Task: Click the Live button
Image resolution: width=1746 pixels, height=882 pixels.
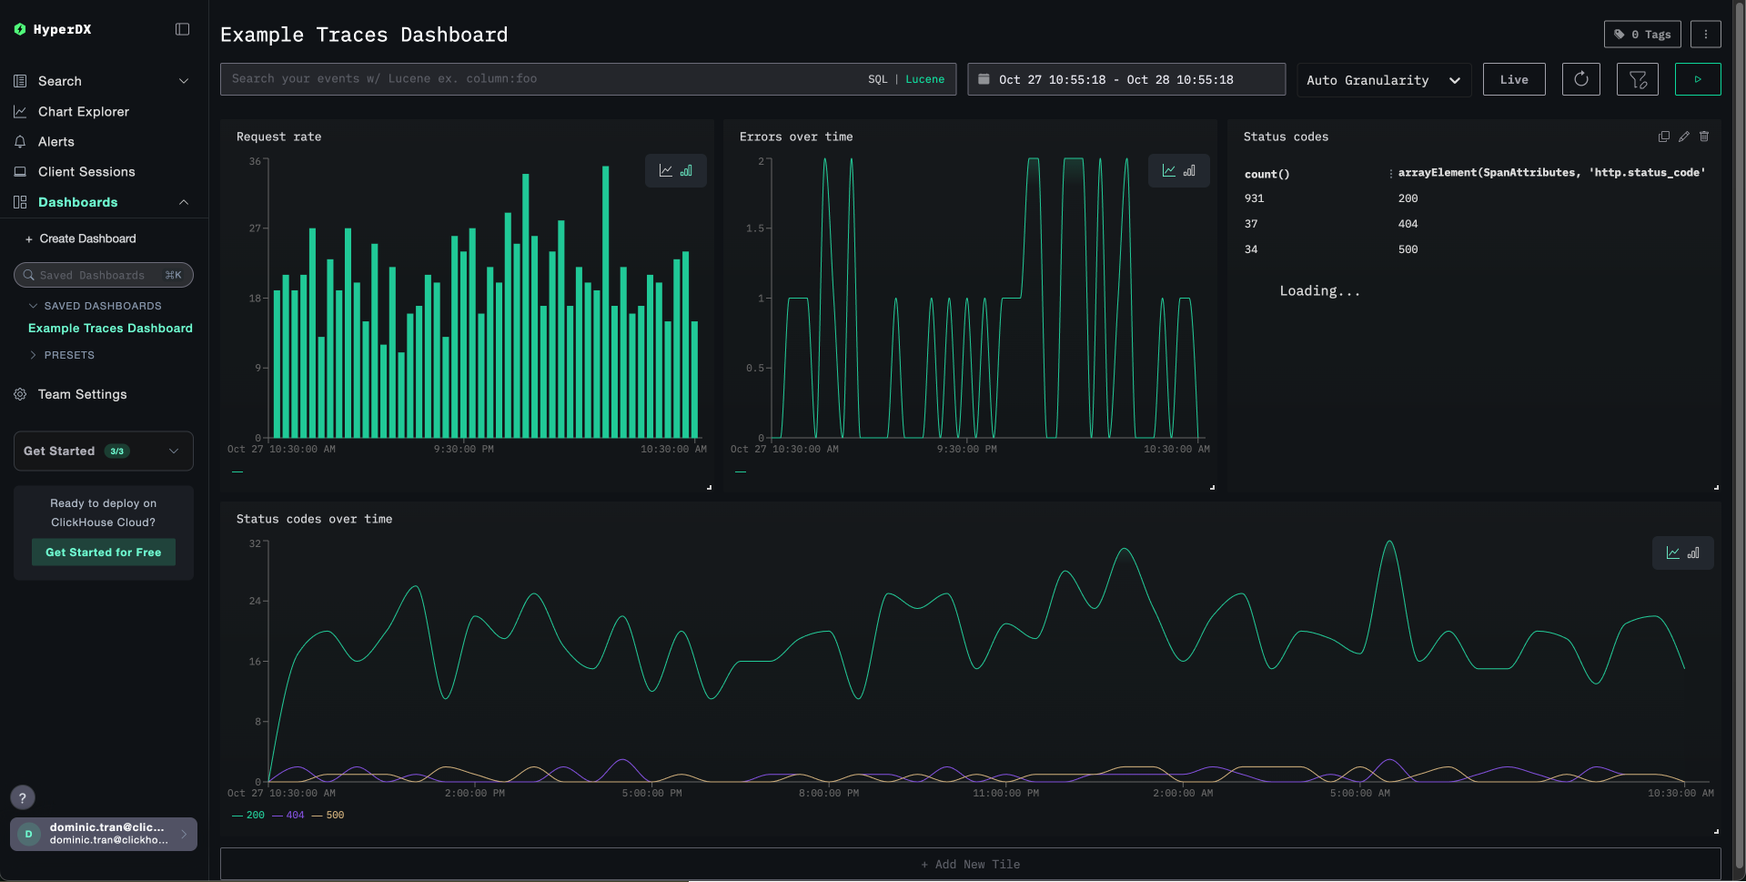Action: [x=1513, y=80]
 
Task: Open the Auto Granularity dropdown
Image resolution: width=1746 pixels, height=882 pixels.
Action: [x=1383, y=80]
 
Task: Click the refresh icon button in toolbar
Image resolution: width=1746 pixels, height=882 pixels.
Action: [x=1580, y=79]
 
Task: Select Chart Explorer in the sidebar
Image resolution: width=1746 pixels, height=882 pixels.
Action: [x=84, y=111]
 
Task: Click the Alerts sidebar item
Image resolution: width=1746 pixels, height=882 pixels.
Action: [x=56, y=141]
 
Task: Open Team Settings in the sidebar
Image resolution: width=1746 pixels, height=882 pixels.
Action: [x=82, y=394]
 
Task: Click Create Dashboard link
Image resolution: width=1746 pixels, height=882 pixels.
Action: [x=87, y=238]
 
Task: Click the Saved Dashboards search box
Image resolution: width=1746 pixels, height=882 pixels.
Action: [x=103, y=275]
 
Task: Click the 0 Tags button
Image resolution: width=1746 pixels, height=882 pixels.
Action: [x=1641, y=35]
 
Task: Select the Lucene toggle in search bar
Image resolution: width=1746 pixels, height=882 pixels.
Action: [x=924, y=79]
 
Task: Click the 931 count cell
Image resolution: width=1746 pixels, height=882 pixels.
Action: [x=1254, y=198]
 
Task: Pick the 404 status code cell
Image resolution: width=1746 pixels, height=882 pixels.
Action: [x=1408, y=224]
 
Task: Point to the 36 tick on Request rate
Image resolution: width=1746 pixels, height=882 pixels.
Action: [x=255, y=161]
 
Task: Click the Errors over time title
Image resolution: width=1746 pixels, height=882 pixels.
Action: [x=796, y=137]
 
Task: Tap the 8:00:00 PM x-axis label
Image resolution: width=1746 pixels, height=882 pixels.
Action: [x=828, y=794]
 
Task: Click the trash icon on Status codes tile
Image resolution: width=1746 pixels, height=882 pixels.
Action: [x=1704, y=137]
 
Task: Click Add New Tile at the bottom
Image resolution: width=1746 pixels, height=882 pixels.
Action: [x=970, y=865]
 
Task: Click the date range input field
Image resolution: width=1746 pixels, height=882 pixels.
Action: [x=1125, y=80]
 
